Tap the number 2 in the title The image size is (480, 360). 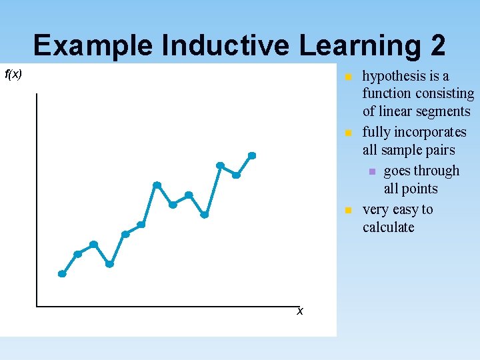(437, 46)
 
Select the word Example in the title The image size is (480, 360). (93, 46)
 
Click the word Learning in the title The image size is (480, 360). (360, 46)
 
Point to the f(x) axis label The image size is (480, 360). (13, 74)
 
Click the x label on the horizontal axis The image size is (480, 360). (300, 311)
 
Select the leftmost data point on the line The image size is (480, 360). (62, 273)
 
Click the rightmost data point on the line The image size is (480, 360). (252, 155)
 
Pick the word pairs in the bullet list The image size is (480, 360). (438, 150)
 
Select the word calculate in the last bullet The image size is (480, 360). (389, 227)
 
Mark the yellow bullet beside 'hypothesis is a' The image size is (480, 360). (348, 77)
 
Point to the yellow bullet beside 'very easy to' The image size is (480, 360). (348, 210)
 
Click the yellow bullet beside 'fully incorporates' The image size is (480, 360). (348, 133)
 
